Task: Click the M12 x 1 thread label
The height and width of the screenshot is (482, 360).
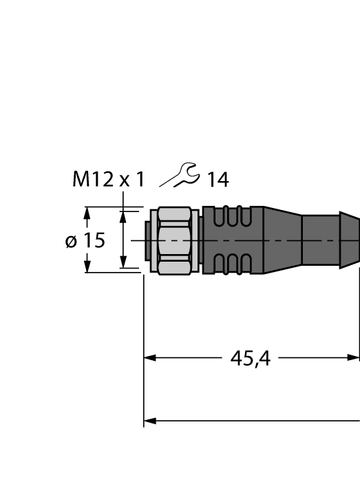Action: (109, 180)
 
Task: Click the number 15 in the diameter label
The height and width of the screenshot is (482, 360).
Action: (94, 240)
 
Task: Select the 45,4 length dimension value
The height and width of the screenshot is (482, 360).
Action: (250, 358)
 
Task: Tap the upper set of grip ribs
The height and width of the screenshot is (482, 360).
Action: (230, 218)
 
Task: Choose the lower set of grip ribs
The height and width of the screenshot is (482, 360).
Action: (230, 263)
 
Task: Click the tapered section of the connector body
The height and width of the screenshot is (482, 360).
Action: (282, 240)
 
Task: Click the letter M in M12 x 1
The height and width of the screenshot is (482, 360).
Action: (81, 180)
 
